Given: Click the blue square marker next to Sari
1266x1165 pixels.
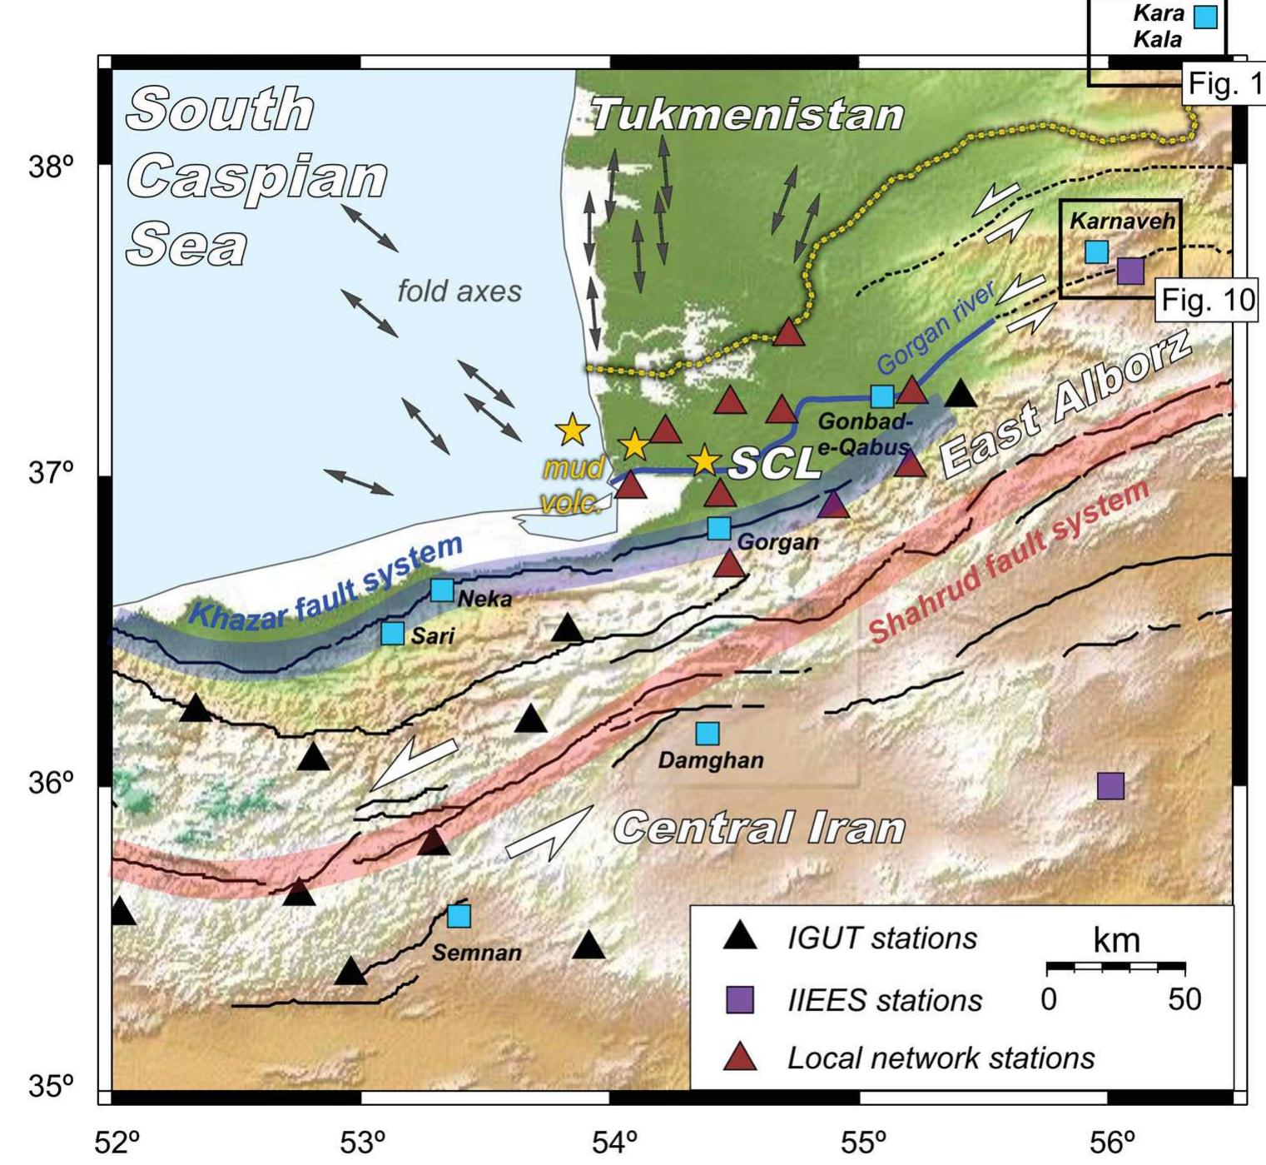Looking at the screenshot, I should [392, 633].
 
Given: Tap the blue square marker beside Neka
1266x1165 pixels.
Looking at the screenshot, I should [442, 590].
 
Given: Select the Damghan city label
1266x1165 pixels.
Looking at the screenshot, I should [710, 760].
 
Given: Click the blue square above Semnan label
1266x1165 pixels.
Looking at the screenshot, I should [459, 916].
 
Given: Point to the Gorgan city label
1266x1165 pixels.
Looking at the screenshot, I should [777, 543].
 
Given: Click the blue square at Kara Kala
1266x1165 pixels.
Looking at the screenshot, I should [1205, 17].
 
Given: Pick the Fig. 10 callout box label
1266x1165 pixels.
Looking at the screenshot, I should [1207, 300].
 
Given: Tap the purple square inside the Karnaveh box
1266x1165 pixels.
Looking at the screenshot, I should [1130, 271].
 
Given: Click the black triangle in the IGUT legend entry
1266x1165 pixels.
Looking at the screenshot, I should [740, 938].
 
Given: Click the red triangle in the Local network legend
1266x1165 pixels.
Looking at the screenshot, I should [740, 1058].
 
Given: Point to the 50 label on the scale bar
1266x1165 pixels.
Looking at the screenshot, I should [1184, 998].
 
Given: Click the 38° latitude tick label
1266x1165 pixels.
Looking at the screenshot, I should [52, 167].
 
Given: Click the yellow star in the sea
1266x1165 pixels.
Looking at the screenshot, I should [573, 430].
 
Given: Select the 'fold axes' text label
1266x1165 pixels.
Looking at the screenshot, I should [459, 291].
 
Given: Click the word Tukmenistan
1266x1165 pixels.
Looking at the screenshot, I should [747, 114].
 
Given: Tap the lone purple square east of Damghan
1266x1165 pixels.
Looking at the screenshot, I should [1110, 785].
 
